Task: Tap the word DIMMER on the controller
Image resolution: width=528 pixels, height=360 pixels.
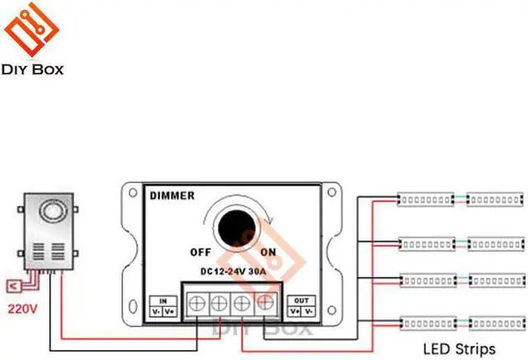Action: tap(172, 196)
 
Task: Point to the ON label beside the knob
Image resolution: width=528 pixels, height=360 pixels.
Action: tap(268, 252)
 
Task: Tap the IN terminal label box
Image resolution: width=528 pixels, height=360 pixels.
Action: tap(163, 306)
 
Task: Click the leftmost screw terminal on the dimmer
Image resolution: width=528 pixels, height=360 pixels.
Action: tap(197, 304)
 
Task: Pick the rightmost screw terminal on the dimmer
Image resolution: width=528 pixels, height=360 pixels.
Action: tap(265, 304)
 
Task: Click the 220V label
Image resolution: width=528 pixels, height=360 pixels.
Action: tap(22, 311)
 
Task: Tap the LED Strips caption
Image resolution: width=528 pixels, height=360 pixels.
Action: tap(459, 348)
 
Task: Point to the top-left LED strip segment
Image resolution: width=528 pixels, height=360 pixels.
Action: tap(424, 199)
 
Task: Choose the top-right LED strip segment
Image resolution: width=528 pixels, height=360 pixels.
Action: tap(495, 199)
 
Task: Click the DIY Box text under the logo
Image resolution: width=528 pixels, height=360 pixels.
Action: tap(33, 70)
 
